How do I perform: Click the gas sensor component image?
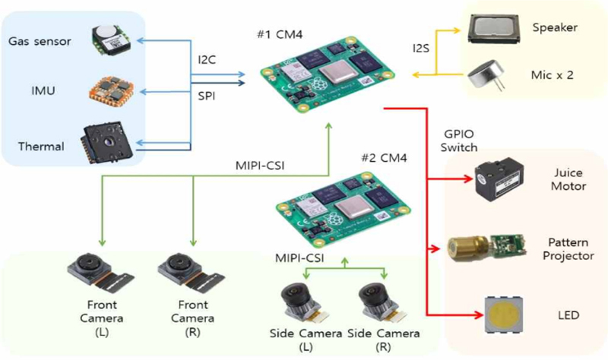pos(111,39)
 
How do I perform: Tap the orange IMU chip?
pos(112,90)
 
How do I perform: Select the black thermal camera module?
pos(107,143)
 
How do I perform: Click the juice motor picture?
pos(499,181)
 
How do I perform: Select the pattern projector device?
pos(487,247)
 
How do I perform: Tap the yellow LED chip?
pos(504,315)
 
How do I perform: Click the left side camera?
pos(305,304)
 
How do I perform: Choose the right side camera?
pos(383,304)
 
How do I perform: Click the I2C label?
pos(207,60)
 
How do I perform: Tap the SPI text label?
pos(207,96)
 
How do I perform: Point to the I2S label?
pos(421,49)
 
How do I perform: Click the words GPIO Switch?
pos(459,141)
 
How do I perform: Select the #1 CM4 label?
pos(280,34)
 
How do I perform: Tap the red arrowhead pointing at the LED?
pos(480,315)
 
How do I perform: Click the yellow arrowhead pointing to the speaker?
pos(456,30)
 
